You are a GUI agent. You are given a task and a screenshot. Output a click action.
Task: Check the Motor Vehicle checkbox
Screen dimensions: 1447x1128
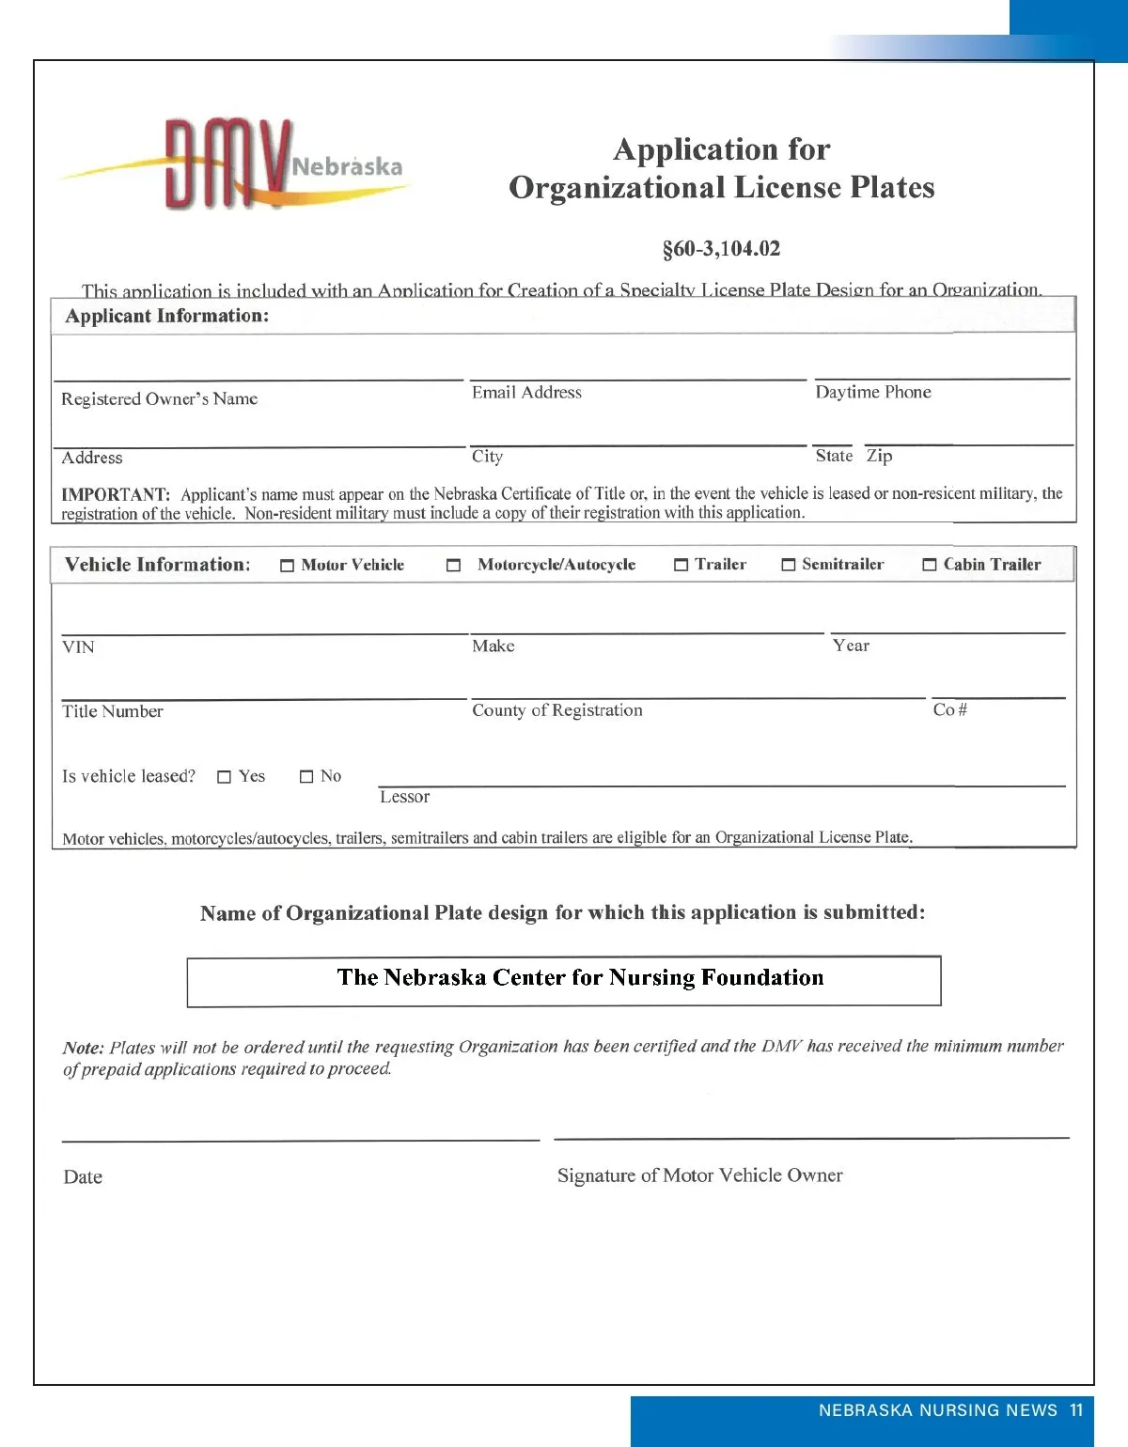coord(288,566)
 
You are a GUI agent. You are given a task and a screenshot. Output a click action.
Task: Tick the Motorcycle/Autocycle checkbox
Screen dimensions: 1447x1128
coord(453,566)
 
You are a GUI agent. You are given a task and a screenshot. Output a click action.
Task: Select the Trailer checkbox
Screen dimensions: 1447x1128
coord(681,565)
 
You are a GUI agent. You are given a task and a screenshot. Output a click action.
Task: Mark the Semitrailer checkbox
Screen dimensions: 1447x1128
coord(789,565)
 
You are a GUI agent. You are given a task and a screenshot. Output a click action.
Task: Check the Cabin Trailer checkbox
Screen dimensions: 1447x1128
coord(930,565)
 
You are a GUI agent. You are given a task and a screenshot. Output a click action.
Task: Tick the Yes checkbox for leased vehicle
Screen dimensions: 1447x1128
coord(224,777)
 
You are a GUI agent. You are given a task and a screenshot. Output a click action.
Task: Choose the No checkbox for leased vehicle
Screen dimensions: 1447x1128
coord(306,777)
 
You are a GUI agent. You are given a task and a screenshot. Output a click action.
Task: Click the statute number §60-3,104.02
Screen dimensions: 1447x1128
coord(721,249)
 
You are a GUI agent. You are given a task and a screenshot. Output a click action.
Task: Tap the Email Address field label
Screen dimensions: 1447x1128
coord(526,393)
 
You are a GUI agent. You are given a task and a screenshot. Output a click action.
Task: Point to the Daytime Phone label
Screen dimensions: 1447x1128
coord(873,392)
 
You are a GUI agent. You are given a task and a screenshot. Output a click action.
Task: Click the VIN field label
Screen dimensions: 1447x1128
coord(78,647)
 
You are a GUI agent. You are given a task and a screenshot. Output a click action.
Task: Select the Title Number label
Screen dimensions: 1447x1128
coord(113,711)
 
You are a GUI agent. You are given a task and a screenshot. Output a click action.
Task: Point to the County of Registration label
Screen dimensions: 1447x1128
coord(557,710)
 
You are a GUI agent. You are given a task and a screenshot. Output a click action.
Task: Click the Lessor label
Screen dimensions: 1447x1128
coord(404,797)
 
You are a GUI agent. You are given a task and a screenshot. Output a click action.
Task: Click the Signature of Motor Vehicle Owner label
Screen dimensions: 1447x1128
coord(699,1175)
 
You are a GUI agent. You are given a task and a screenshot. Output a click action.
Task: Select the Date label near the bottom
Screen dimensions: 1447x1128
coord(83,1177)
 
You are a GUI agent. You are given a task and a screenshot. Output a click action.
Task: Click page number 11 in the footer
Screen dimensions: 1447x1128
coord(1076,1410)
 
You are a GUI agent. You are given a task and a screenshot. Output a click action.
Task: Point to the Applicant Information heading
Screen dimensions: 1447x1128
coord(167,316)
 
